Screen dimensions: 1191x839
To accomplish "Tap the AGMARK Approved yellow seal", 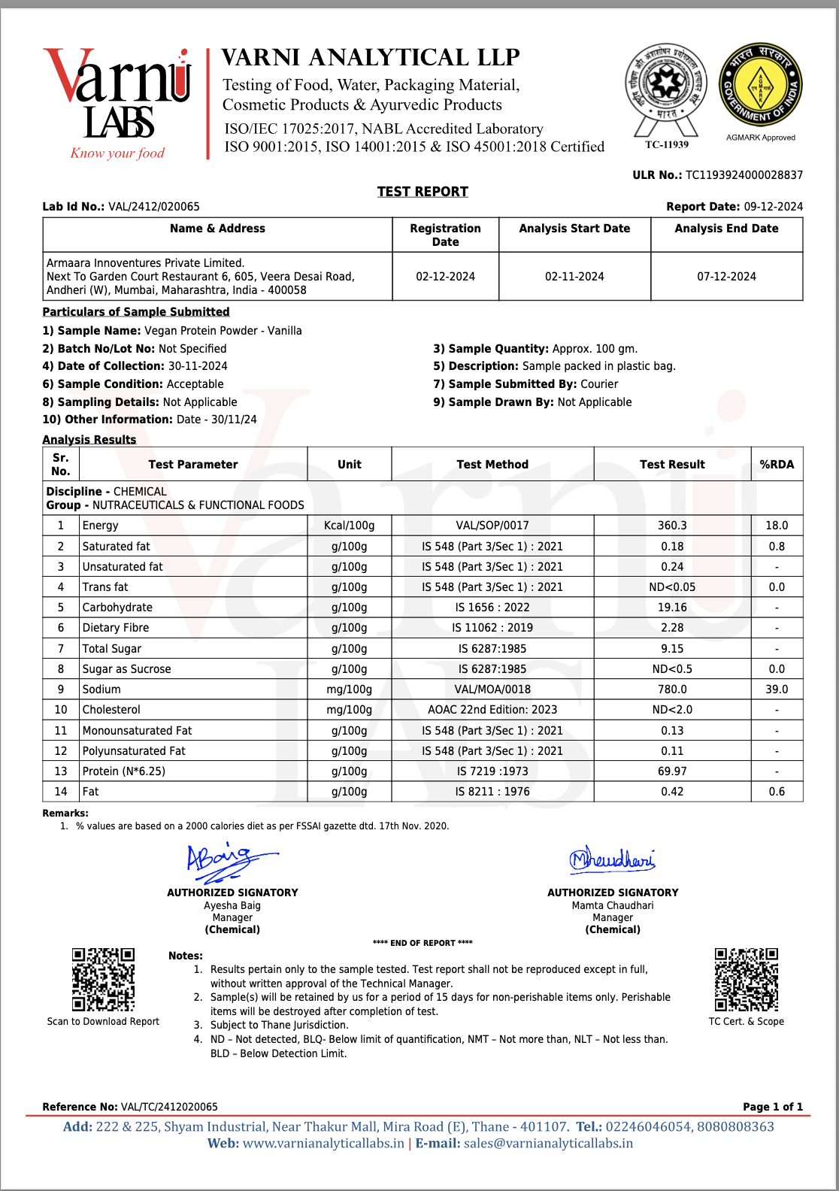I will [760, 84].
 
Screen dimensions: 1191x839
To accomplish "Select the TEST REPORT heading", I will [423, 192].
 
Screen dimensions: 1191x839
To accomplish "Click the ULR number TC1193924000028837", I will [744, 175].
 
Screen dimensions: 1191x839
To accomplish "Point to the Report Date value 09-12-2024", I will [773, 207].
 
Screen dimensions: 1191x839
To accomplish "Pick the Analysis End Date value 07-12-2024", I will [726, 277].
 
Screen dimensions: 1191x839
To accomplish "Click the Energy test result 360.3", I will [672, 526].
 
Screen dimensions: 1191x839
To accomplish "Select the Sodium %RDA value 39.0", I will [777, 689].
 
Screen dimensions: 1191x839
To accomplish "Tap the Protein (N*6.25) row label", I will [124, 771].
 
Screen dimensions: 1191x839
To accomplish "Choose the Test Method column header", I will [492, 465].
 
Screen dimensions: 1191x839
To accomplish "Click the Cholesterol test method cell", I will [492, 710].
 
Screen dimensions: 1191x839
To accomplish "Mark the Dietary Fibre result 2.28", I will [672, 628].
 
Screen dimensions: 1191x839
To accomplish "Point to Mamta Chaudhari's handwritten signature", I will [612, 859].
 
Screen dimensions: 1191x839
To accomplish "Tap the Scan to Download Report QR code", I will [103, 979].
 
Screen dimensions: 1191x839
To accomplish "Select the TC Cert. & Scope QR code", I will [746, 979].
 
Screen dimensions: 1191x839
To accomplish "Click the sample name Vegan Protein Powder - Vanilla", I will [223, 331].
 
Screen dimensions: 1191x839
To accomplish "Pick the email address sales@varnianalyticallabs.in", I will [548, 1144].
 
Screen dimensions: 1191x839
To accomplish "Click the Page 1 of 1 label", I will [772, 1107].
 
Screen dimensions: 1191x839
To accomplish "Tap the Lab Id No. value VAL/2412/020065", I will [154, 207].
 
